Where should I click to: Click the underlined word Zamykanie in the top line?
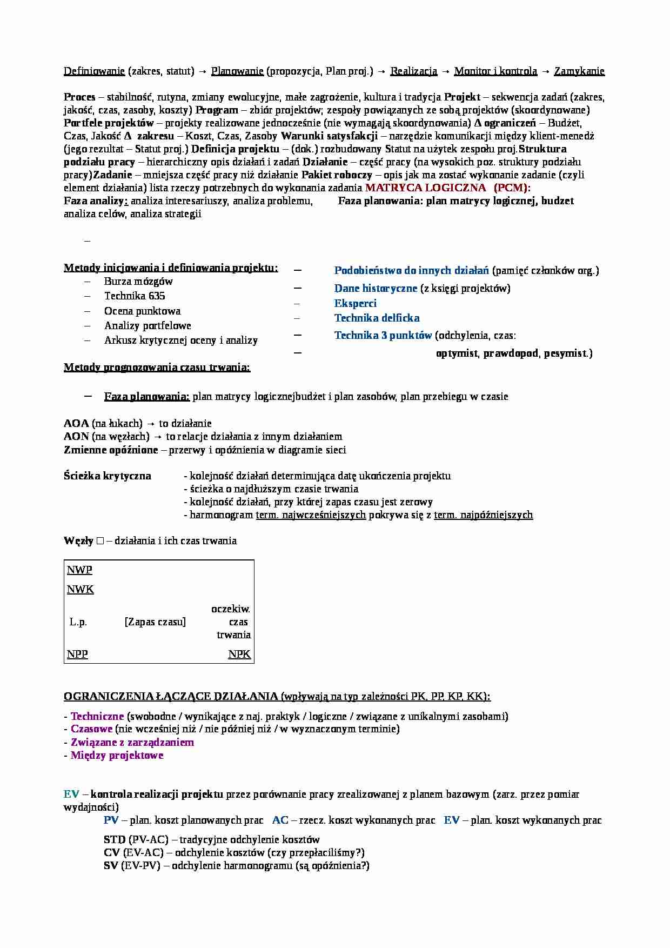[x=579, y=71]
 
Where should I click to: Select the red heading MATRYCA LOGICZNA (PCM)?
[x=448, y=188]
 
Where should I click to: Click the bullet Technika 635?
[x=135, y=296]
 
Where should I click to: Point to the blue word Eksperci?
[x=355, y=304]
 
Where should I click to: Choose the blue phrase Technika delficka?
[x=377, y=318]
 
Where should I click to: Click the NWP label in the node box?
[x=79, y=570]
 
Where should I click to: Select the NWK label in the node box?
[x=80, y=590]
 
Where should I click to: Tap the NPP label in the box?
[x=77, y=655]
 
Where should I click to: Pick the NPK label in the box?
[x=239, y=655]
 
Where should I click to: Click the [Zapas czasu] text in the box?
[x=155, y=622]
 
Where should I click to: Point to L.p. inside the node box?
[x=78, y=622]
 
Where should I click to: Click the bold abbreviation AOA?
[x=76, y=424]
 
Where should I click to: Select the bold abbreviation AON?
[x=76, y=437]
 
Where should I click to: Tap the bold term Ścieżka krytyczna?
[x=108, y=476]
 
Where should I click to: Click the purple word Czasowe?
[x=91, y=729]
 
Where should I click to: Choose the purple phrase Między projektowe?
[x=117, y=756]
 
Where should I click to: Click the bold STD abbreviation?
[x=115, y=840]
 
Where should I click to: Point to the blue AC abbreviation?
[x=280, y=820]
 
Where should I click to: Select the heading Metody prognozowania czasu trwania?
[x=157, y=368]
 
